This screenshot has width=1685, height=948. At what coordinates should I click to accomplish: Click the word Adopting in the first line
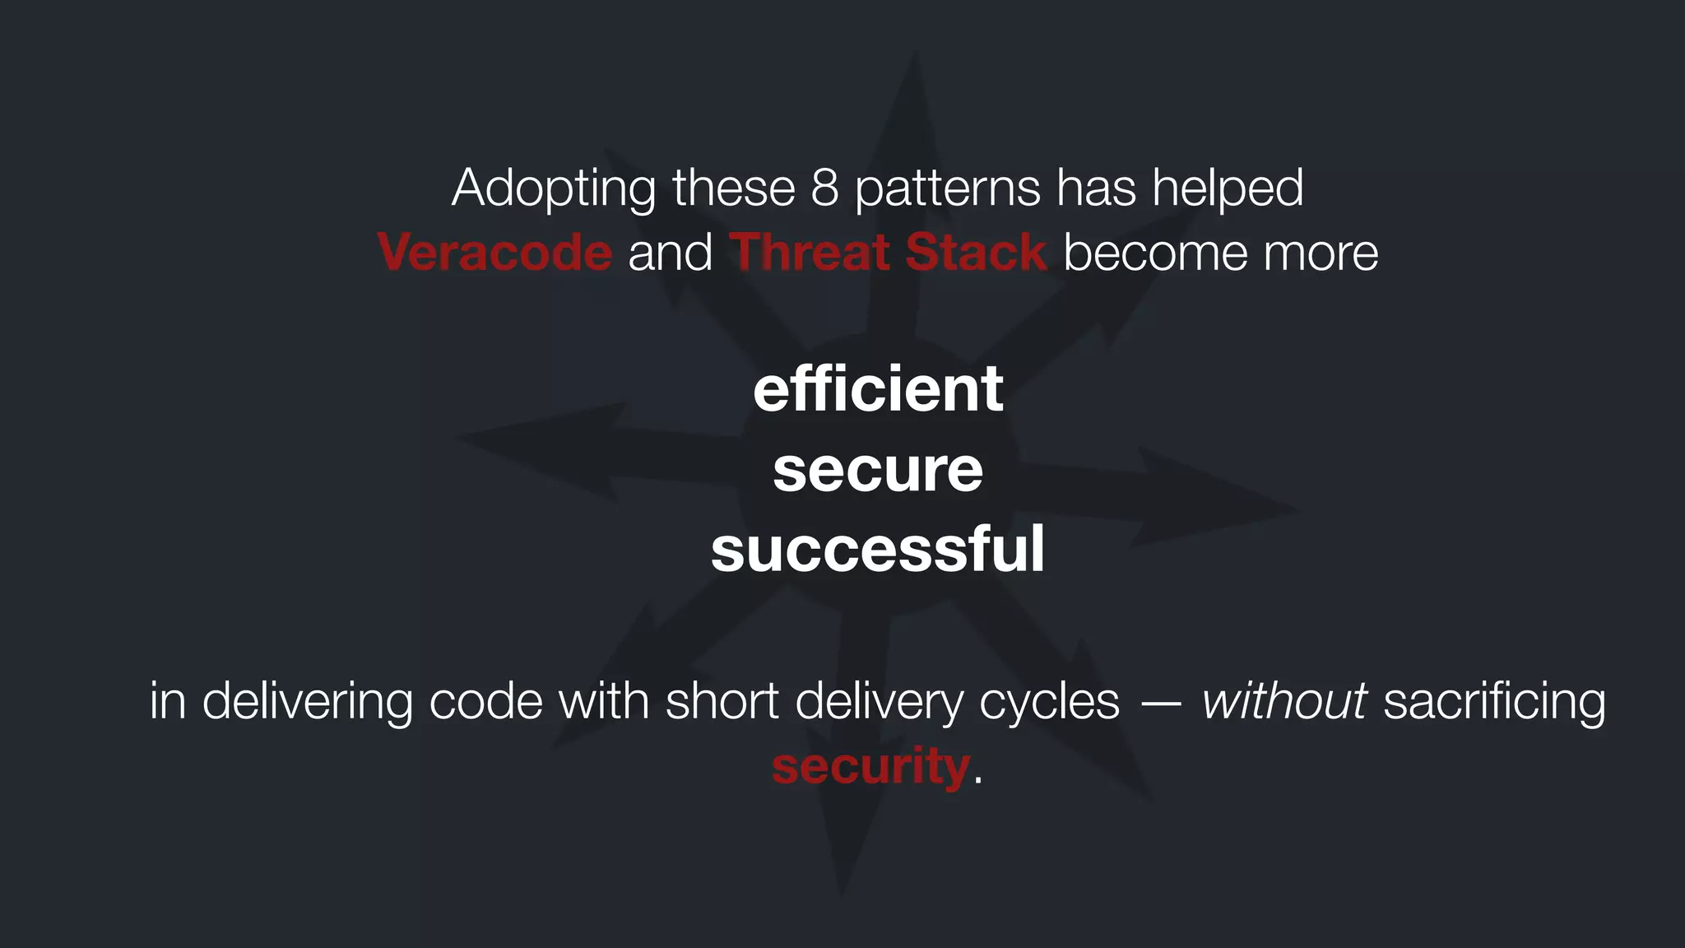553,189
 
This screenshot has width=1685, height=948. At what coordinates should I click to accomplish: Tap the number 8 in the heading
824,188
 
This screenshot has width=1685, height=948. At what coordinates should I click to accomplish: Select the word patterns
948,189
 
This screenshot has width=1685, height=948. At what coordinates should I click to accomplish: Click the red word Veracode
494,252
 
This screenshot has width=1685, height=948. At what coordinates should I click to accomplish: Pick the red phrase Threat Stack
888,252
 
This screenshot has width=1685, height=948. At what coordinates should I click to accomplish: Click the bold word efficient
878,388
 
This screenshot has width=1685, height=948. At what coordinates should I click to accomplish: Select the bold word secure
878,471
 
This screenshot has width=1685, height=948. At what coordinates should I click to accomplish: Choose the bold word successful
878,550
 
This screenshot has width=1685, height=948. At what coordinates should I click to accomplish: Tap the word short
722,701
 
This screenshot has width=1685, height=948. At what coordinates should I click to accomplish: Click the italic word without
1283,701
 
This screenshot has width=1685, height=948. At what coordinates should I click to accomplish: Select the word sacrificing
1494,703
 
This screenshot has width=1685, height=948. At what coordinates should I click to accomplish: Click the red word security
871,767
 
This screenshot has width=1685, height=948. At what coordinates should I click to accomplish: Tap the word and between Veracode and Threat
670,252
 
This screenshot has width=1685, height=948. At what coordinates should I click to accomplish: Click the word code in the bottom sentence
485,701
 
